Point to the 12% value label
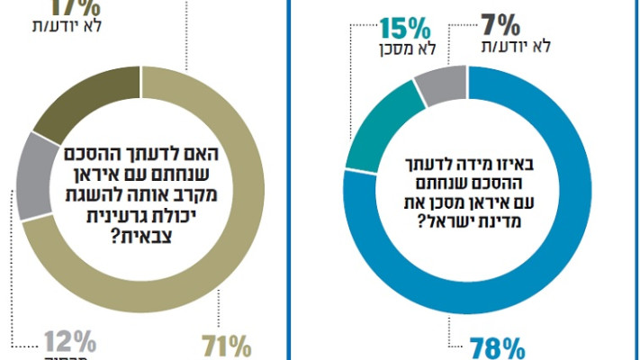point(72,343)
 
